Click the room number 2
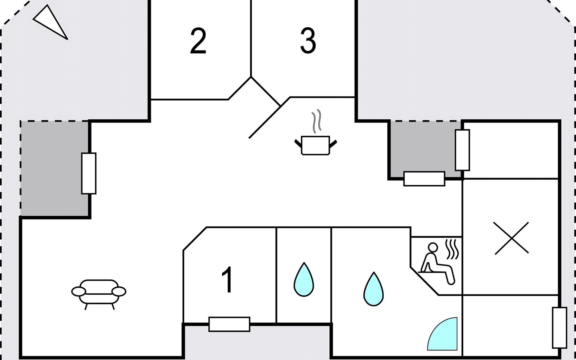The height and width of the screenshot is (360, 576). pos(198,41)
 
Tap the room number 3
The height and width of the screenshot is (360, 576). pos(308,41)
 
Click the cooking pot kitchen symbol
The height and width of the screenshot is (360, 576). pos(315,145)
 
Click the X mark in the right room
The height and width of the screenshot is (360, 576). pos(511,238)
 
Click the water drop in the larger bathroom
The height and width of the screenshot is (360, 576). pos(373,289)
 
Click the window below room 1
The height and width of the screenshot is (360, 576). pos(229,324)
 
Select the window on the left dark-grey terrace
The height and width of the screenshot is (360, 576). pos(89,173)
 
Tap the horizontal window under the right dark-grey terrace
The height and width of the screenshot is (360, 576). pos(424,179)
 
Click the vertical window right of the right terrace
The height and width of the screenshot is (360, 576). pos(462,150)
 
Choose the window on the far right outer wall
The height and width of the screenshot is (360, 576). pos(559,328)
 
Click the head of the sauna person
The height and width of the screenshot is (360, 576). pos(433,247)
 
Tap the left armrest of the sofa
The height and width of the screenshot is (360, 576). pos(79,291)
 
